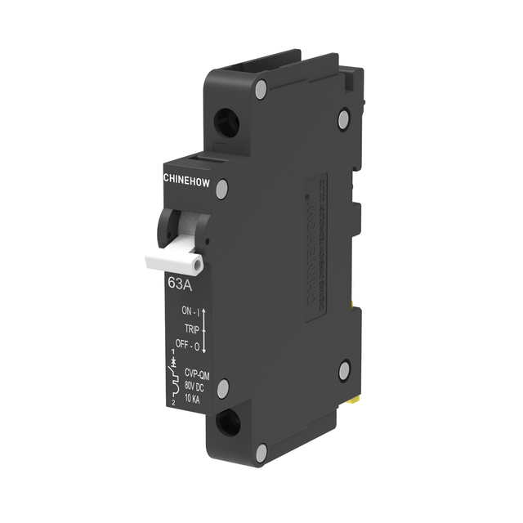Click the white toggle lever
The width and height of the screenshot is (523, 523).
click(x=174, y=262)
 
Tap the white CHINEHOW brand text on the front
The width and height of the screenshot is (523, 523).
click(x=187, y=177)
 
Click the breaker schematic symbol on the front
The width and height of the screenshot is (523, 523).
click(x=173, y=378)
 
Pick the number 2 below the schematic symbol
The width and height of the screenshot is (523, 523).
click(x=175, y=402)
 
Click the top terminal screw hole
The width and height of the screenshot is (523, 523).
click(x=227, y=123)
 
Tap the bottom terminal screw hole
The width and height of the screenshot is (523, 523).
click(x=230, y=422)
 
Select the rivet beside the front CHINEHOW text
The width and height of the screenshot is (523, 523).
click(x=221, y=189)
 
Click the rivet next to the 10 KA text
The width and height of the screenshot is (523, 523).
click(x=222, y=388)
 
